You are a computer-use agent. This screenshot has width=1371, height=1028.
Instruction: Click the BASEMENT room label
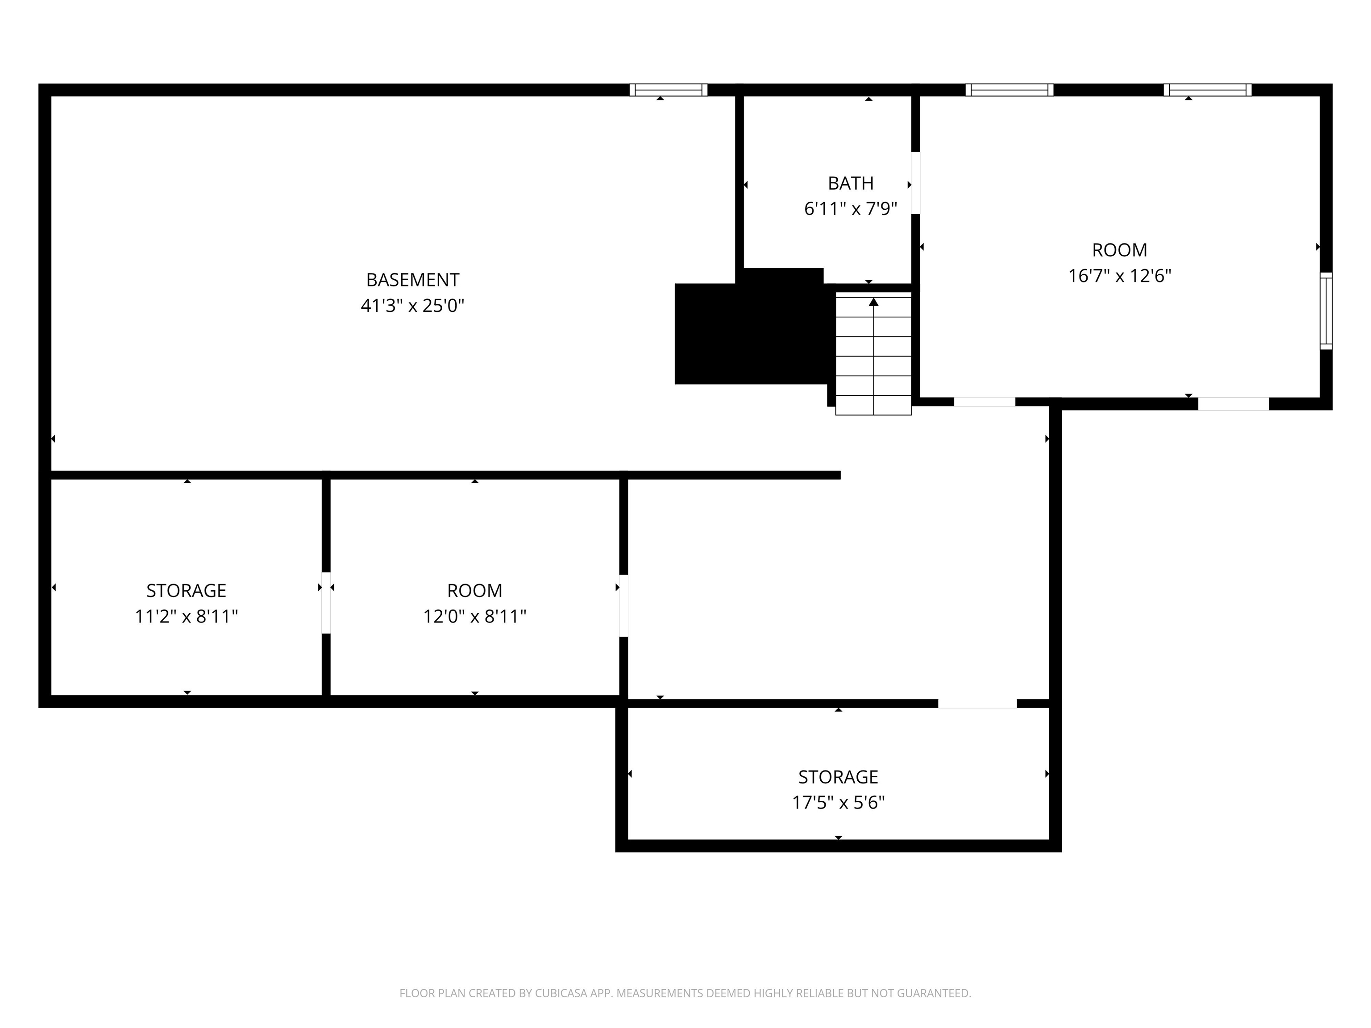point(412,280)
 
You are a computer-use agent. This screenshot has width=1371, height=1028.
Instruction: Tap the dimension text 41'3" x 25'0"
point(412,306)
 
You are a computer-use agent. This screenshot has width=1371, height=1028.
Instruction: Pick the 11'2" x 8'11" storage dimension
point(186,617)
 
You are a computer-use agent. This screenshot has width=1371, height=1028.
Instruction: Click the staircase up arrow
point(873,303)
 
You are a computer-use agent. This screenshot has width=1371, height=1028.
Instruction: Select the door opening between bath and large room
point(915,183)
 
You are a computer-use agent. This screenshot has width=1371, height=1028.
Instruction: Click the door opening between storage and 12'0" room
point(326,603)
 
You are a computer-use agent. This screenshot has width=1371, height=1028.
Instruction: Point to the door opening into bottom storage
point(977,703)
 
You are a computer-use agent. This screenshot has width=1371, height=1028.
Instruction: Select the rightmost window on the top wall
point(1207,90)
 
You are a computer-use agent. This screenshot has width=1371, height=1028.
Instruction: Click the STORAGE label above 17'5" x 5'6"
point(838,777)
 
